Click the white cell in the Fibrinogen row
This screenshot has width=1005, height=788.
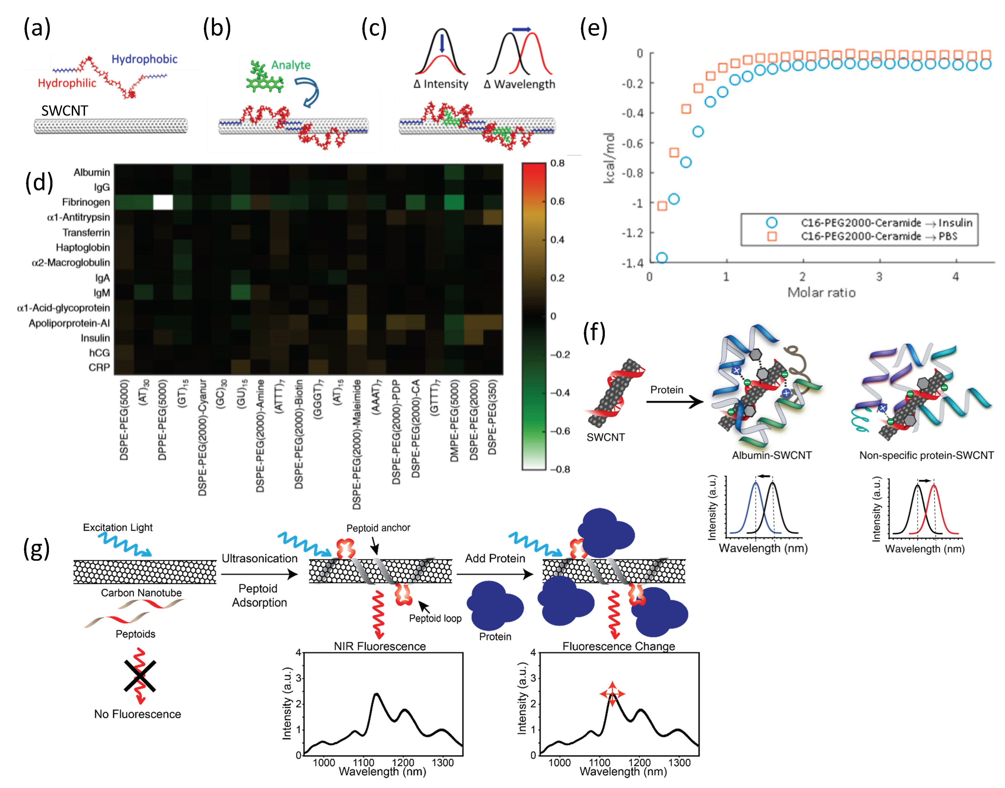click(163, 202)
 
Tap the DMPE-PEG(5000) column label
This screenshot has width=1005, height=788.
click(454, 420)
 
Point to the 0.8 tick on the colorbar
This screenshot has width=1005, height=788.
click(557, 163)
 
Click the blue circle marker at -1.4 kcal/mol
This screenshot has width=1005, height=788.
click(662, 257)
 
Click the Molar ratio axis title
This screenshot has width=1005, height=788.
click(821, 293)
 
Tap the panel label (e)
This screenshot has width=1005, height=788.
click(594, 29)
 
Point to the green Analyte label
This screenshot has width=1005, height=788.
click(290, 65)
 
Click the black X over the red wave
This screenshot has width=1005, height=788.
click(140, 676)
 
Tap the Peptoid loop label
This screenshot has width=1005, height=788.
click(435, 618)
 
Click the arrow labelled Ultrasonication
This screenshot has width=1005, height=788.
click(259, 574)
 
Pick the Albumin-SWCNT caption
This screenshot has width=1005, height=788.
click(772, 455)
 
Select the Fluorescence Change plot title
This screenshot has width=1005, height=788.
click(619, 646)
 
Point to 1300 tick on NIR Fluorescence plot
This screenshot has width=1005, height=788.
click(443, 762)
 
